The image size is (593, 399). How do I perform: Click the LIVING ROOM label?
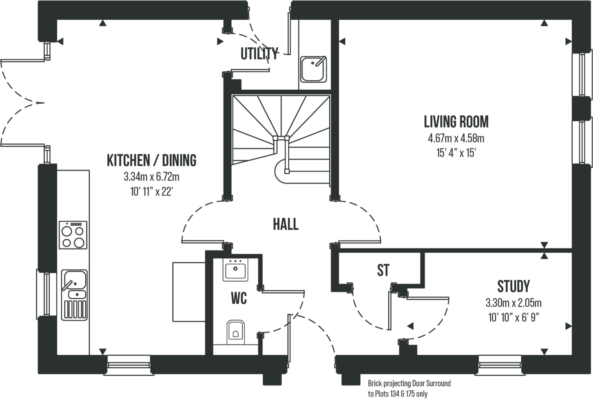456,122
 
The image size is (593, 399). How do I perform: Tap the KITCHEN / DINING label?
151,160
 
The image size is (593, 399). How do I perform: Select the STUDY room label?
513,286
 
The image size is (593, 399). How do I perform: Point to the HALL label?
286,224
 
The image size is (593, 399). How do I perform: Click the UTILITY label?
259,54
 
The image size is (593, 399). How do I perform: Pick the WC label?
239,299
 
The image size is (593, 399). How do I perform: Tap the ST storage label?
383,270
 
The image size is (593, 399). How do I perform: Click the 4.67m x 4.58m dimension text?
456,138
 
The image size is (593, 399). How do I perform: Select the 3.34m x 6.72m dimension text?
151,177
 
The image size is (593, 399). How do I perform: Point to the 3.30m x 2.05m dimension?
513,303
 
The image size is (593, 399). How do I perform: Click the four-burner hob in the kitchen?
73,235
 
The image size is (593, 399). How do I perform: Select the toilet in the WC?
235,331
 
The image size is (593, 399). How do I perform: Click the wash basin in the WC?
235,269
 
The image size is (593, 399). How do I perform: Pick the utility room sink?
313,69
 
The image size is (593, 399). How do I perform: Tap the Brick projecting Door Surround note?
409,388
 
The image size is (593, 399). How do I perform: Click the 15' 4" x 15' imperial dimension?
456,153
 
